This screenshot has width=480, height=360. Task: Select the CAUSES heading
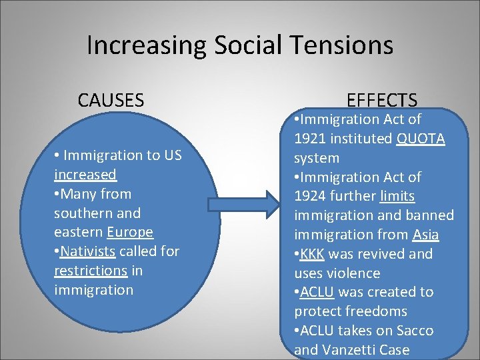tap(111, 101)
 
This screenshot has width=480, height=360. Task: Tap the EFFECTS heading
tap(382, 101)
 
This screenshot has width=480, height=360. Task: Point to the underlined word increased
tap(85, 175)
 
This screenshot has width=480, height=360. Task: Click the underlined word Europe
tap(130, 233)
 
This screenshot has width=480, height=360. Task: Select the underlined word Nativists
tap(87, 251)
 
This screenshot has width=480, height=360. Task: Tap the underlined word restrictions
tap(91, 271)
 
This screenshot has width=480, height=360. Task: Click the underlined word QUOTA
tap(421, 139)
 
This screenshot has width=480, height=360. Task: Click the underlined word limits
tap(397, 196)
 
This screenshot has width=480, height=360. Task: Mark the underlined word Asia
tap(425, 235)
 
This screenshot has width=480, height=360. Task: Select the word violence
tap(355, 273)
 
